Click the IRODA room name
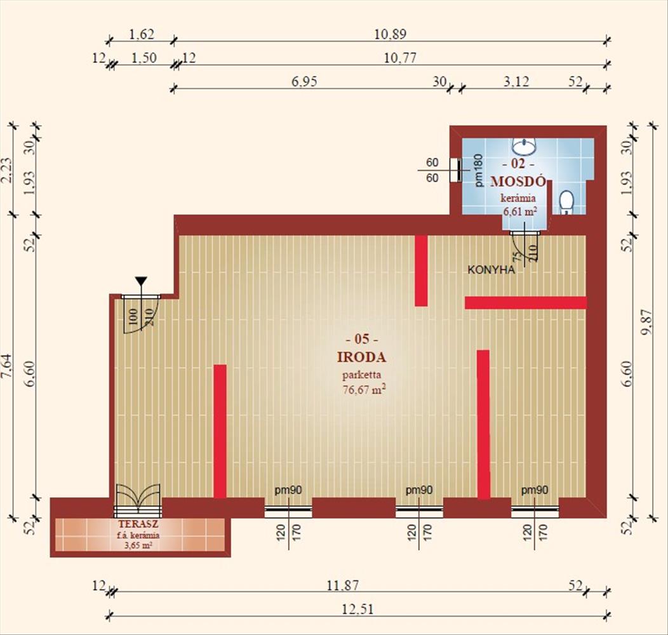click(362, 357)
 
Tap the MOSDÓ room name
click(518, 182)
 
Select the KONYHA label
click(491, 270)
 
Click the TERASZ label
click(139, 525)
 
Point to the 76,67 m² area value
click(364, 389)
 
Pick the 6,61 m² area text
click(519, 211)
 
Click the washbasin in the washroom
click(524, 146)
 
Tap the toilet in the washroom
click(566, 203)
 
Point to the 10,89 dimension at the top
click(391, 34)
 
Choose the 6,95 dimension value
click(304, 81)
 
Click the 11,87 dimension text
click(342, 585)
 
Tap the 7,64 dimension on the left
click(8, 366)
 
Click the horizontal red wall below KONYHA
click(526, 303)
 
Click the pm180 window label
click(479, 170)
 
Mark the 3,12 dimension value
click(516, 81)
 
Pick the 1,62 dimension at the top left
click(141, 34)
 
